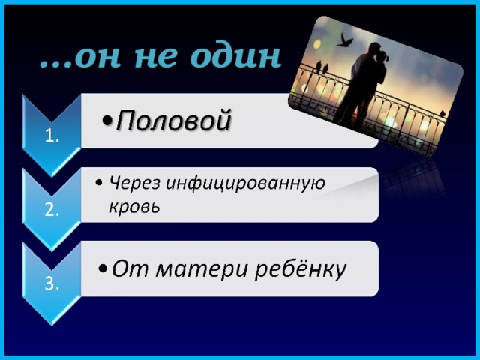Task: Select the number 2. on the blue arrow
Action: click(52, 210)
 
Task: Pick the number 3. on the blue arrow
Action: click(52, 283)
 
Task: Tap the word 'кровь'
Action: click(133, 205)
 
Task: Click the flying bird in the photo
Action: click(346, 40)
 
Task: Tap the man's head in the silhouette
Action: click(372, 52)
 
